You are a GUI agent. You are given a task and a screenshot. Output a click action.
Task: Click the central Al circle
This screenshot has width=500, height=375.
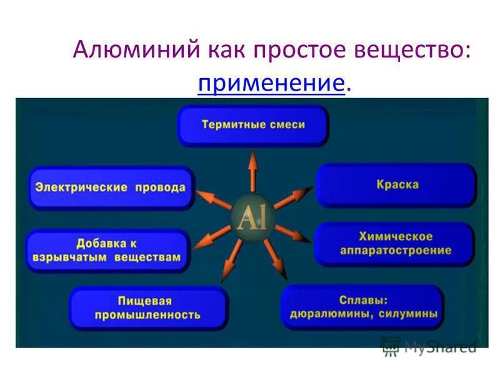pyautogui.click(x=252, y=218)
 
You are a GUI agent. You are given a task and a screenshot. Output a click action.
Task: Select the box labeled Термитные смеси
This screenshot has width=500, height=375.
pyautogui.click(x=253, y=125)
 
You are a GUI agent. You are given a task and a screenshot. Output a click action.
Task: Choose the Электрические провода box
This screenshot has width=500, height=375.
pyautogui.click(x=111, y=187)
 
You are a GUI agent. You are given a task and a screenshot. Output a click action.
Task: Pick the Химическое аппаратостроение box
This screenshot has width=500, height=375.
pyautogui.click(x=396, y=244)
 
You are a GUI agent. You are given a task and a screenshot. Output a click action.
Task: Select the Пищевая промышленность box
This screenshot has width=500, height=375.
pyautogui.click(x=147, y=307)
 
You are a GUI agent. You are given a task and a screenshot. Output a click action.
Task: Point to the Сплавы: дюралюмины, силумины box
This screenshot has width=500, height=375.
pyautogui.click(x=363, y=307)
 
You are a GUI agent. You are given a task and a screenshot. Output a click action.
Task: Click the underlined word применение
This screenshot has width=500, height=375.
pyautogui.click(x=271, y=83)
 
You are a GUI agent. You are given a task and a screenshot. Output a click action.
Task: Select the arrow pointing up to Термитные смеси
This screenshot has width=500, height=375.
pyautogui.click(x=252, y=171)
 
